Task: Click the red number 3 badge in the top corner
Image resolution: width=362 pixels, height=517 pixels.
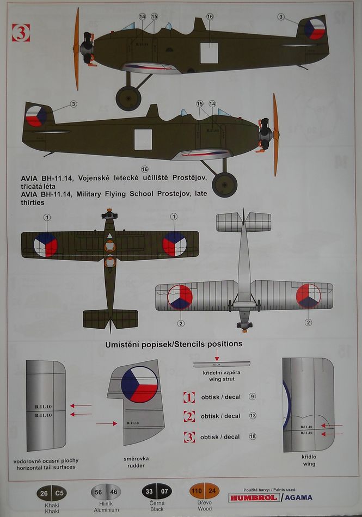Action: coord(21,33)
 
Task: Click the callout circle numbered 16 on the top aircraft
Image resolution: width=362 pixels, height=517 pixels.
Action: coord(210,16)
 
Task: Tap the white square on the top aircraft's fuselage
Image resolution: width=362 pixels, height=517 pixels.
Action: coord(208,52)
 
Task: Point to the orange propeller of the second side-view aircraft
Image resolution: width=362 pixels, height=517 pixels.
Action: coord(276,134)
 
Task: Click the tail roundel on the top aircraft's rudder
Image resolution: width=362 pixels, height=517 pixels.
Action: coord(315,29)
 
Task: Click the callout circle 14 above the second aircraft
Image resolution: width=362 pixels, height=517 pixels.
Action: coord(212,103)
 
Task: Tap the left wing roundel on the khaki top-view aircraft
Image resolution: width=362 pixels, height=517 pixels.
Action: coord(46,244)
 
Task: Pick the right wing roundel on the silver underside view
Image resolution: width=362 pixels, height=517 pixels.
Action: coord(309,296)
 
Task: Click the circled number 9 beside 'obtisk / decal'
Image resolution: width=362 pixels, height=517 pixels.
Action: coord(252,396)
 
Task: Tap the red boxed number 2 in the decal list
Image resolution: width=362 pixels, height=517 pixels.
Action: coord(189,416)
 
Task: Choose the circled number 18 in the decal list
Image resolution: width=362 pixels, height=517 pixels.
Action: coord(252,436)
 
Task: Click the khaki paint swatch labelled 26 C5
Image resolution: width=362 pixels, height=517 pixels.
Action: coord(51,494)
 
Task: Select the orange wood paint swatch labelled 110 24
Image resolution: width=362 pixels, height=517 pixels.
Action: coord(204,494)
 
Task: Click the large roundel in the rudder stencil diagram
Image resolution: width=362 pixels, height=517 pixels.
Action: coord(139,384)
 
